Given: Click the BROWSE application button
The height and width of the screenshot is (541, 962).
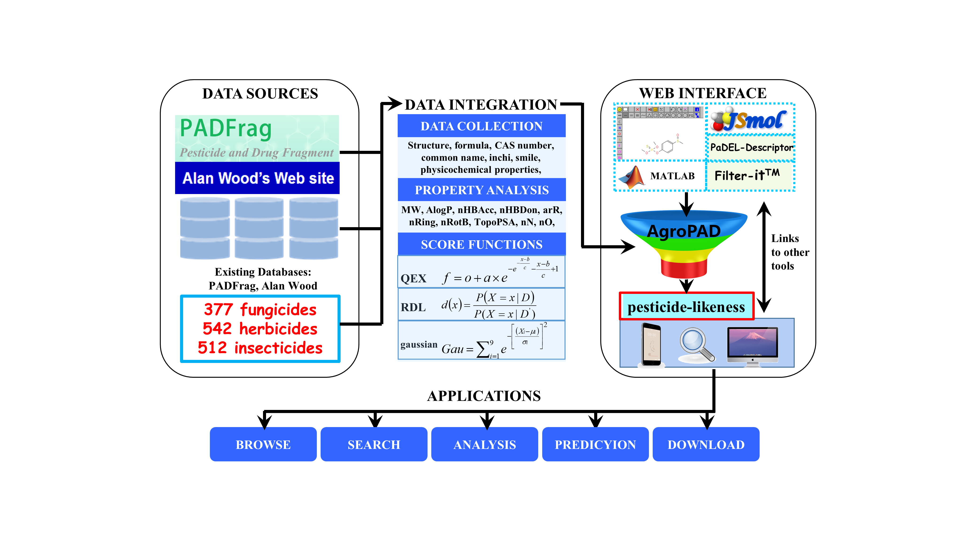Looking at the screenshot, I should pos(263,444).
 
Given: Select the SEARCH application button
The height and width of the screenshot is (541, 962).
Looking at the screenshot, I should pos(373,444).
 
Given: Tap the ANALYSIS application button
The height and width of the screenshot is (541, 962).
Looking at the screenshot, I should pos(484,444).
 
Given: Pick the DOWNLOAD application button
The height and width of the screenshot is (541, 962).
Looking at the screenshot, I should pos(706,444).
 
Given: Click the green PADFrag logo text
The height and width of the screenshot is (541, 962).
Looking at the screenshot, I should pos(226,128).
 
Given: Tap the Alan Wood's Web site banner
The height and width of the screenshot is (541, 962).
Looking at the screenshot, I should pos(257,178).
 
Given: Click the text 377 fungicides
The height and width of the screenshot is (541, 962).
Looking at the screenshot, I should pos(260,310).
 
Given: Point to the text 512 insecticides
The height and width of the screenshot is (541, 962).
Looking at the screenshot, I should pos(260,348).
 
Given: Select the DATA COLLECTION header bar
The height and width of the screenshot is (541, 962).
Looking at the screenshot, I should pos(481,126).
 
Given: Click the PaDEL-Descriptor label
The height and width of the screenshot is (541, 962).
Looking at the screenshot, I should pos(751,148).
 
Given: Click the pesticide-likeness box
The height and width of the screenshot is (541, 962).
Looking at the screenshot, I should pos(686,307).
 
